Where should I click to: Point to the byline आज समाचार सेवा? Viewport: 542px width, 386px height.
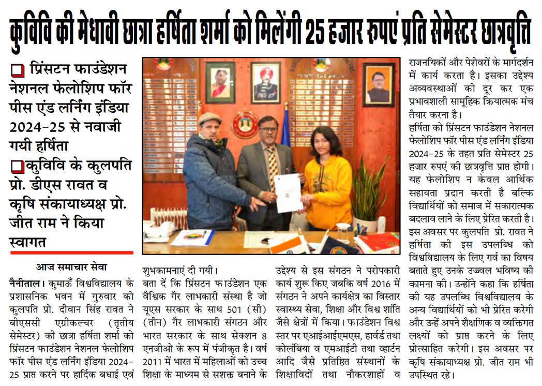point(71,268)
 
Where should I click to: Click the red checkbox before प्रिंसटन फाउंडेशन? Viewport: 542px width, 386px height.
point(17,69)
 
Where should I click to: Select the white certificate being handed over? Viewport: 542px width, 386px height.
point(289,192)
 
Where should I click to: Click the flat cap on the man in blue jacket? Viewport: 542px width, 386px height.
point(209,119)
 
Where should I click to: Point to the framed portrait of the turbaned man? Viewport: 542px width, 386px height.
point(265,83)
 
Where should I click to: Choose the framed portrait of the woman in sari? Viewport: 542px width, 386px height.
point(220,82)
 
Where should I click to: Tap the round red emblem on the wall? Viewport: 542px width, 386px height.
point(245,124)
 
